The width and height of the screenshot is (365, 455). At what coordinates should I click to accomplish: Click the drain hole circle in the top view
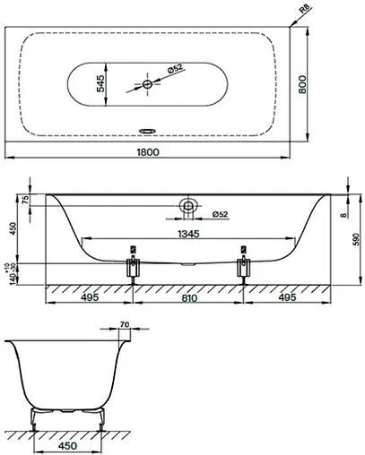(148, 84)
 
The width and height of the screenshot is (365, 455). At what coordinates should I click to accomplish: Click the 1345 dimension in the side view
(186, 231)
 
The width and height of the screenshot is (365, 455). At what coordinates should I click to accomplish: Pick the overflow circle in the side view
(188, 205)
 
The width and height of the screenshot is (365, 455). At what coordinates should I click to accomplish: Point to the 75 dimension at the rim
(26, 201)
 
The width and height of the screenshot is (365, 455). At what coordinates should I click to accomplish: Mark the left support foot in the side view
(134, 266)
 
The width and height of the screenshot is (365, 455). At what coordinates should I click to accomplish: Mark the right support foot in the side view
(240, 266)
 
